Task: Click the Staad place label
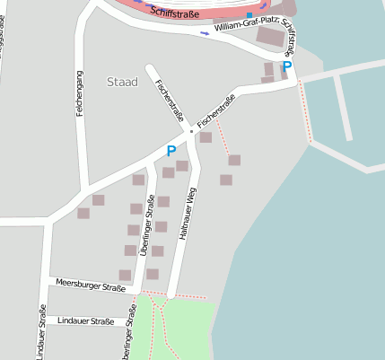122,83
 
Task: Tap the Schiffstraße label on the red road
176,13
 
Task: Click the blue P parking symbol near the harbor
287,66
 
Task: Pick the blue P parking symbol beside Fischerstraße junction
171,152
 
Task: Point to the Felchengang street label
79,91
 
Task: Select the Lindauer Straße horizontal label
85,320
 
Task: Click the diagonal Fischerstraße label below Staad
170,101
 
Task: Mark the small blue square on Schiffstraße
249,15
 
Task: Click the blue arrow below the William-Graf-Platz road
205,33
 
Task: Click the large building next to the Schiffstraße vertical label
270,37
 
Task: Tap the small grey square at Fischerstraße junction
190,131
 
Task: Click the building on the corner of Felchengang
98,199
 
